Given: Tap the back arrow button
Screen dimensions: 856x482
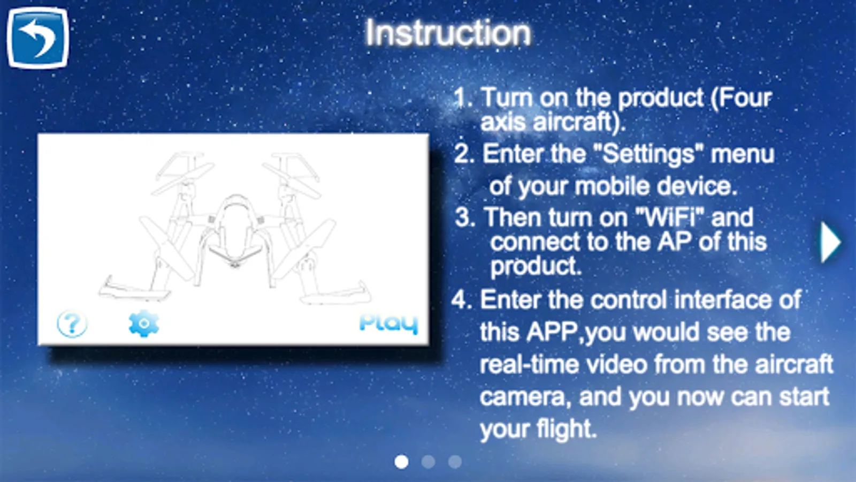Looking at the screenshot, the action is pyautogui.click(x=38, y=37).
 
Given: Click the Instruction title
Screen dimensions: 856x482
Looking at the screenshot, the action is pyautogui.click(x=448, y=33).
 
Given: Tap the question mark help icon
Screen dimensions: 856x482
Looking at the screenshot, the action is pyautogui.click(x=72, y=323).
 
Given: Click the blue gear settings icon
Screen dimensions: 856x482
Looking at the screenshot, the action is pyautogui.click(x=144, y=323).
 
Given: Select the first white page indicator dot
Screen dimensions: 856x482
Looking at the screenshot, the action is pyautogui.click(x=401, y=462).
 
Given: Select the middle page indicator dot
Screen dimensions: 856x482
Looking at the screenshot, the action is pyautogui.click(x=428, y=462).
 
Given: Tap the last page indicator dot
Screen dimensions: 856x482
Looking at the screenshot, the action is pyautogui.click(x=455, y=462).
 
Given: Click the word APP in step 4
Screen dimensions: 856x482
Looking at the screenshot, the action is pyautogui.click(x=553, y=332).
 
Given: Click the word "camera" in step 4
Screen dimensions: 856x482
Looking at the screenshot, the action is pyautogui.click(x=522, y=397).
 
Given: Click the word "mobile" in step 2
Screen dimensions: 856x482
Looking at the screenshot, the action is pyautogui.click(x=612, y=186).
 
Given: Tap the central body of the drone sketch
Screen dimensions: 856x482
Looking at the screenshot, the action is pyautogui.click(x=235, y=230).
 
